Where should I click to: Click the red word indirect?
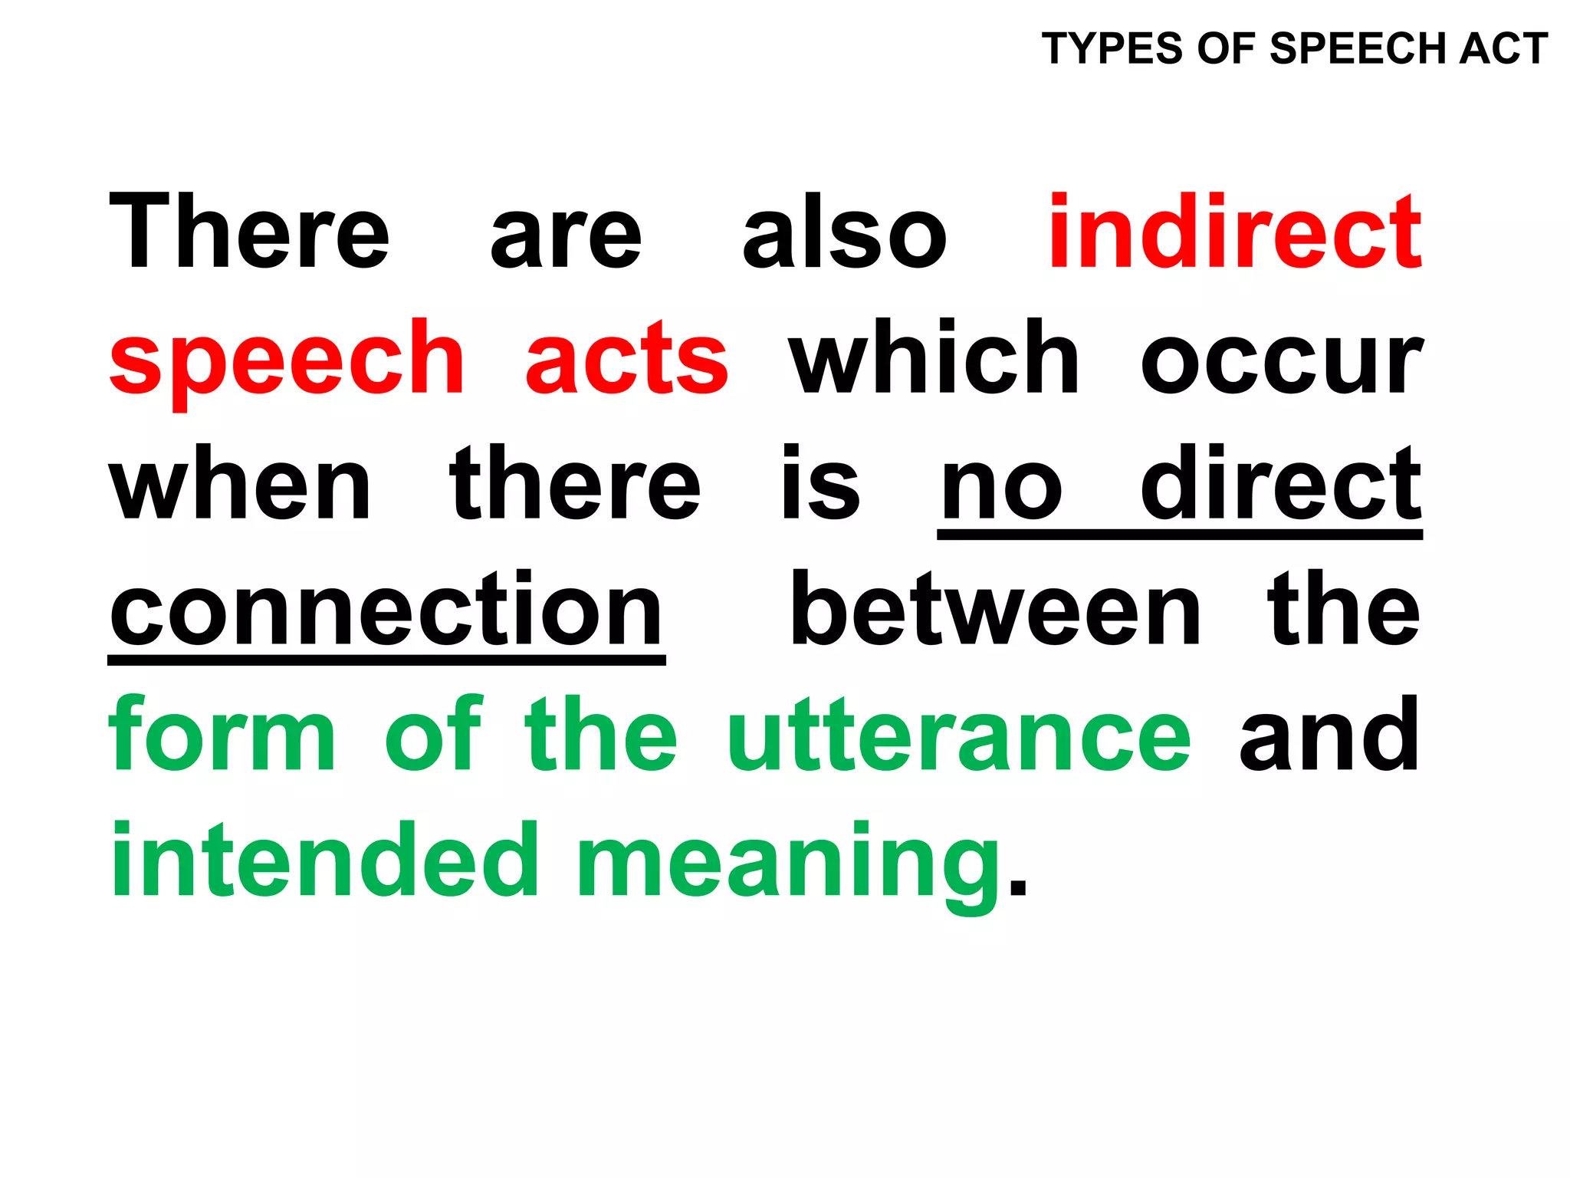click(1235, 232)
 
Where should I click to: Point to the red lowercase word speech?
click(287, 360)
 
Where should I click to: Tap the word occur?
click(1281, 360)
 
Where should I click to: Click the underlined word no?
click(1001, 489)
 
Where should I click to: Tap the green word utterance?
click(959, 736)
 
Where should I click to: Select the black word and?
click(1329, 734)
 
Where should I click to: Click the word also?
click(845, 232)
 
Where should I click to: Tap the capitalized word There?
click(249, 232)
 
